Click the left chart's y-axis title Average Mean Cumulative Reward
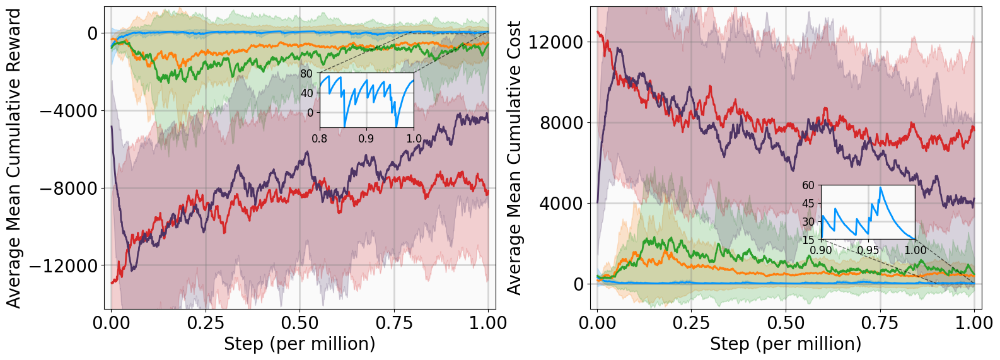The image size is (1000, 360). pos(14,158)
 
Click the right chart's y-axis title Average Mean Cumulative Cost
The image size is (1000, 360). pos(515,158)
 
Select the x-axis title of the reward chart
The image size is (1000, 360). pos(299,344)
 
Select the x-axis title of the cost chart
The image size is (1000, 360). pos(786,344)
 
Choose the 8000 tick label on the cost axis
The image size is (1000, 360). pos(562,123)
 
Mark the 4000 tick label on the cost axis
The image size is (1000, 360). pos(562,204)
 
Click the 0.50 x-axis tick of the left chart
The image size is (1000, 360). pos(299,323)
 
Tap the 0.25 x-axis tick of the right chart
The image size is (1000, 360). pos(691,323)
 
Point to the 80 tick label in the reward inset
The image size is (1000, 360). pos(306,74)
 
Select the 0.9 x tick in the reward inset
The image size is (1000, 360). pos(366,139)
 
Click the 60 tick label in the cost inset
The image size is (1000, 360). pos(808,185)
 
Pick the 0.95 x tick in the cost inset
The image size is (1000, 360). pos(868,250)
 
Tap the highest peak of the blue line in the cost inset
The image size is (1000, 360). pos(880,187)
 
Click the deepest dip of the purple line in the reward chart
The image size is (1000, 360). pos(133,267)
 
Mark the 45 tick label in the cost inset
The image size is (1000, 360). pos(808,204)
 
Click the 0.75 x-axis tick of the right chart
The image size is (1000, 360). pos(880,323)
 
